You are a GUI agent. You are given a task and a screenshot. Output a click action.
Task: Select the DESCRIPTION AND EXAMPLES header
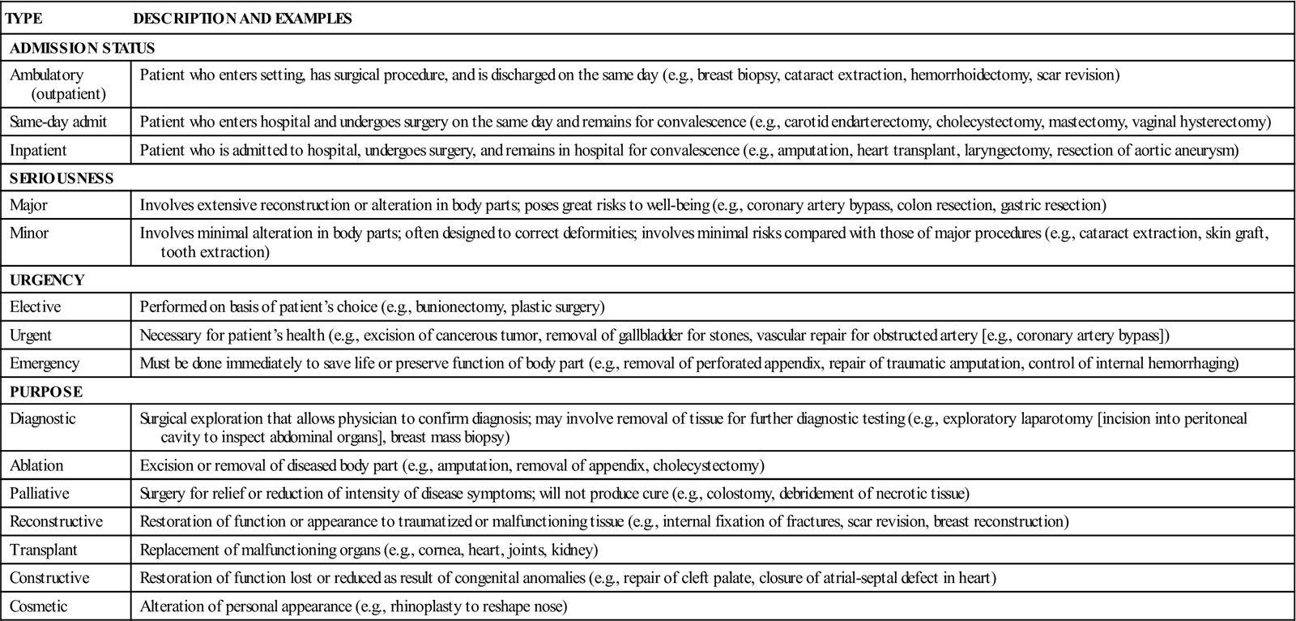click(x=242, y=18)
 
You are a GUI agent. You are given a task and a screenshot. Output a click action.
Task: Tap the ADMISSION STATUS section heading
click(x=82, y=48)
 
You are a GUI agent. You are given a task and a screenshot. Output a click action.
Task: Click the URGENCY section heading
click(x=47, y=280)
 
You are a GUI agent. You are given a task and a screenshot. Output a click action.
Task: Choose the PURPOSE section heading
click(x=46, y=392)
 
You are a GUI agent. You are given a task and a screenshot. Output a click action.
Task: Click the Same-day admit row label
click(x=58, y=122)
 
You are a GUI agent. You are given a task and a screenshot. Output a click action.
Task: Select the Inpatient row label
click(x=38, y=150)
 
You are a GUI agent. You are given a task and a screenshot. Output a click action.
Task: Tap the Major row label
click(x=28, y=205)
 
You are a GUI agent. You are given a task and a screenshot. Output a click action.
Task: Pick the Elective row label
click(x=35, y=307)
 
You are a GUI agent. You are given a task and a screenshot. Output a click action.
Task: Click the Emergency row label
click(x=45, y=363)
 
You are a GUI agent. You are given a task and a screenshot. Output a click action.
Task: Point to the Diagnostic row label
click(x=43, y=419)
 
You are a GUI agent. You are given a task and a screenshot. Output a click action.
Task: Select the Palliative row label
click(x=40, y=493)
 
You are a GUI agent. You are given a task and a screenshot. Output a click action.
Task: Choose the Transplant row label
click(x=44, y=550)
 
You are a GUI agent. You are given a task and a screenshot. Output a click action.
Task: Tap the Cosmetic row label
click(x=39, y=606)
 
